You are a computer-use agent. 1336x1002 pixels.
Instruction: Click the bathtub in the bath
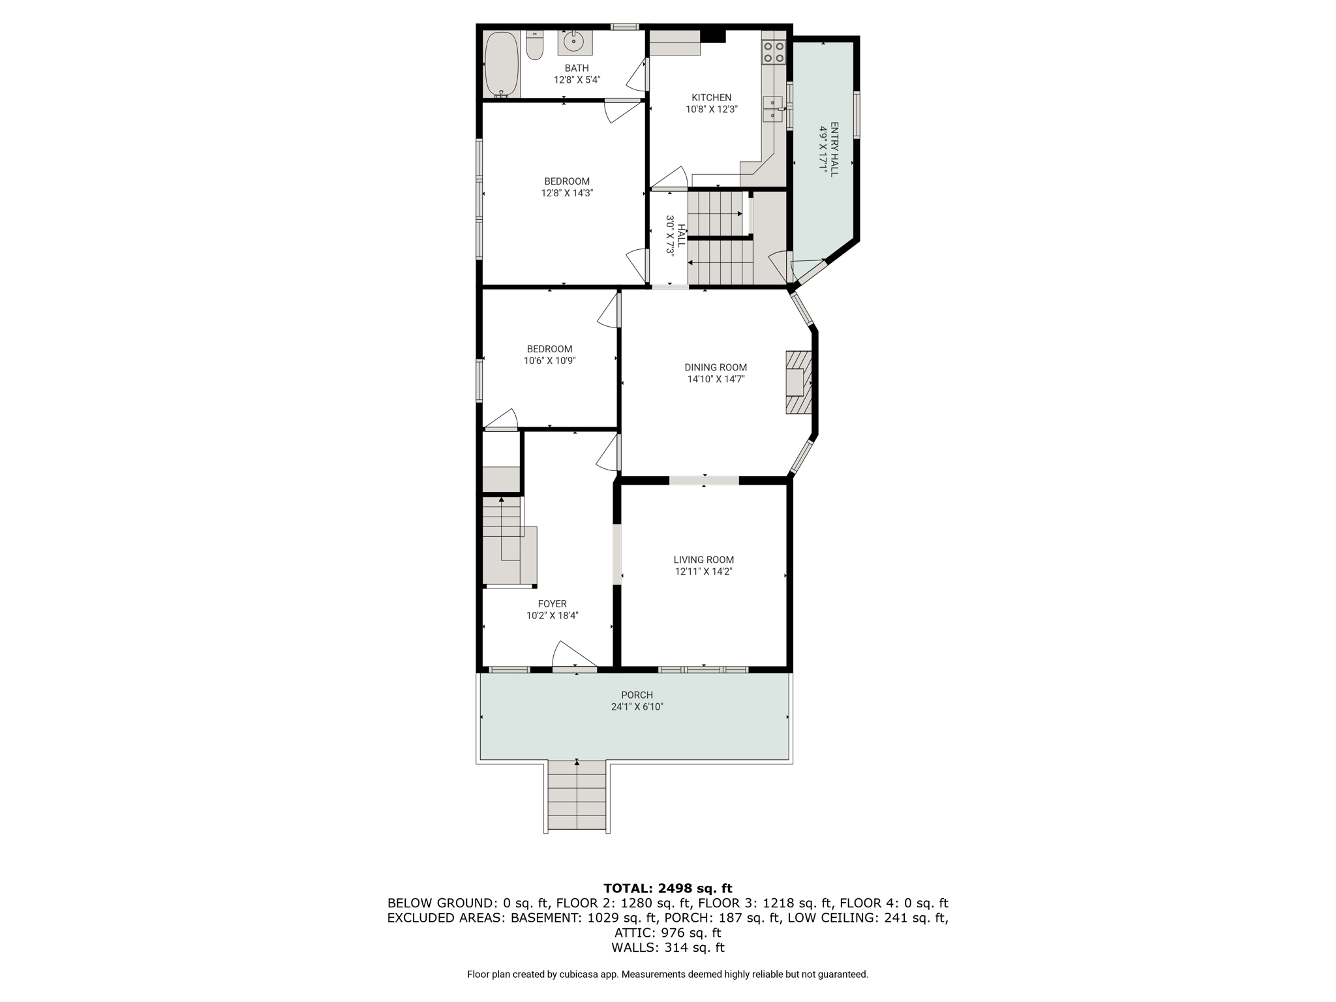pyautogui.click(x=502, y=64)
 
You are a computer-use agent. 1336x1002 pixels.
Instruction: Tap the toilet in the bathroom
pyautogui.click(x=534, y=45)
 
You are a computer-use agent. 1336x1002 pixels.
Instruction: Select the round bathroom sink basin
pyautogui.click(x=574, y=42)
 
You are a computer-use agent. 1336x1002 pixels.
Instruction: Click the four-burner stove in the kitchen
pyautogui.click(x=774, y=52)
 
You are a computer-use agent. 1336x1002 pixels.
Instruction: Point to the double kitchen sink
pyautogui.click(x=774, y=110)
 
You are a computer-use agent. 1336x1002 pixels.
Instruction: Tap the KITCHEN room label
pyautogui.click(x=711, y=98)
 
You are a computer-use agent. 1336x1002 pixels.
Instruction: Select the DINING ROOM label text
pyautogui.click(x=716, y=367)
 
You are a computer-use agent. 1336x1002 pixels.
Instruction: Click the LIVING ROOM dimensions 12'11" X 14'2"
pyautogui.click(x=704, y=571)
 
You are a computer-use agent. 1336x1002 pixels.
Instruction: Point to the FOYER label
pyautogui.click(x=553, y=604)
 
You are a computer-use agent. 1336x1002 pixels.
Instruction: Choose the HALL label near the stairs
pyautogui.click(x=681, y=235)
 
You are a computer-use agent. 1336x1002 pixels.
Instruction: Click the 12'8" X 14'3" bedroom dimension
pyautogui.click(x=567, y=193)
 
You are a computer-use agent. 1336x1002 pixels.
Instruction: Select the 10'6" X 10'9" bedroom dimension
pyautogui.click(x=550, y=361)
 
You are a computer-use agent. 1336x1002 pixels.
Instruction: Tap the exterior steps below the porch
pyautogui.click(x=577, y=795)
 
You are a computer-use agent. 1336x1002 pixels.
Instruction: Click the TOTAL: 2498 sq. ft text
pyautogui.click(x=668, y=888)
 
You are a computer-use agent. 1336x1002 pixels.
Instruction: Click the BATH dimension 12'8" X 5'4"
pyautogui.click(x=577, y=80)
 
